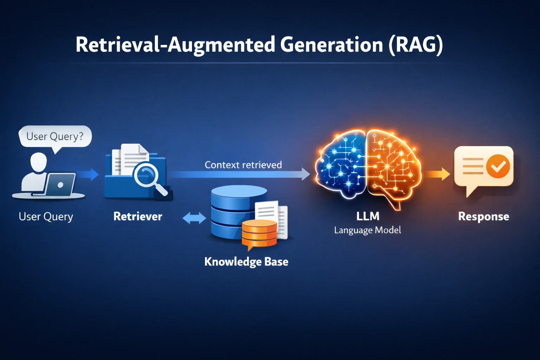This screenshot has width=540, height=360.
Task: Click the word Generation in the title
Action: pos(332,45)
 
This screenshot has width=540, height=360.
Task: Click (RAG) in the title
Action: pos(416,45)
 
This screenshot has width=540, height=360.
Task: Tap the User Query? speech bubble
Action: pos(55,137)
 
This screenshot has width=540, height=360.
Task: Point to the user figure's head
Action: pos(39,162)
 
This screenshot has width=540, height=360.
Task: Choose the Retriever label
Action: pos(138,216)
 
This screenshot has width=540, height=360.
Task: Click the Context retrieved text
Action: pos(243,165)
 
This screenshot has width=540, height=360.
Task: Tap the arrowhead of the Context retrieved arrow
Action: pos(306,174)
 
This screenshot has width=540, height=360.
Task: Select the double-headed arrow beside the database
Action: pos(194,218)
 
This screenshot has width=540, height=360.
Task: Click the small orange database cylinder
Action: pos(259,233)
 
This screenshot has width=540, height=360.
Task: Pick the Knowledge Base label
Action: pos(246,262)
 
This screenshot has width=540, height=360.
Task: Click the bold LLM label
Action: pos(368,216)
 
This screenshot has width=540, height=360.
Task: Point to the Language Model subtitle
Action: pos(368,230)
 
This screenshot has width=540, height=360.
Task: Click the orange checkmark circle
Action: pos(498,166)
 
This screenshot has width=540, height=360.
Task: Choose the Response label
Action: pos(484,217)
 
